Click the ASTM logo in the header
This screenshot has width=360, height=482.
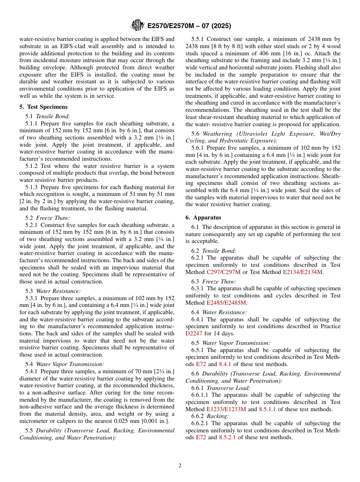pyautogui.click(x=137, y=25)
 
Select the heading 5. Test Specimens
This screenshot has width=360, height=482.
pyautogui.click(x=44, y=107)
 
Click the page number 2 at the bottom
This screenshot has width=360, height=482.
pyautogui.click(x=180, y=466)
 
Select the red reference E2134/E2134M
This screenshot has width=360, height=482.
pyautogui.click(x=302, y=272)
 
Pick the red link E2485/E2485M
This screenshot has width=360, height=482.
pyautogui.click(x=226, y=303)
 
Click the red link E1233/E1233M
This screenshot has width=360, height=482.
pyautogui.click(x=226, y=409)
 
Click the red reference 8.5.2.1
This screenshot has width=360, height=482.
pyautogui.click(x=228, y=437)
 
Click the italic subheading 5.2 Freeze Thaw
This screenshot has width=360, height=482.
pyautogui.click(x=48, y=218)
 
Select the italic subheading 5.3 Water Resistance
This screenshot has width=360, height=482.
pyautogui.click(x=53, y=291)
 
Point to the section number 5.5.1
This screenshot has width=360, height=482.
pyautogui.click(x=197, y=39)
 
